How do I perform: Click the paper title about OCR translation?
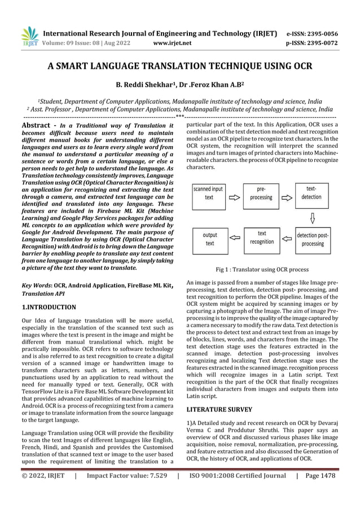tap(180, 66)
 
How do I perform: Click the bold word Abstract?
tap(38, 124)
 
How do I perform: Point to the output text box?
tap(209, 239)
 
